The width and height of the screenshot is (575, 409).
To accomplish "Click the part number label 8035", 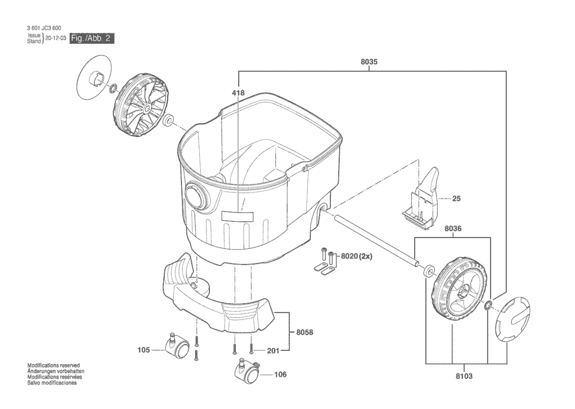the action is (x=369, y=62).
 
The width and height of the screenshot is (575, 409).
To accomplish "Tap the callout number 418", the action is (x=238, y=93).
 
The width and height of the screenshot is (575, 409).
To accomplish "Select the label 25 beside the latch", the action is (x=456, y=198).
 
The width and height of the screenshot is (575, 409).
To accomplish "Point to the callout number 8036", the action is (x=453, y=228).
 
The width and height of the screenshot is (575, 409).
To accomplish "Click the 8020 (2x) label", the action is (x=357, y=256).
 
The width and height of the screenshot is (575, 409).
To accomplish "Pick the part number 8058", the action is (x=305, y=332).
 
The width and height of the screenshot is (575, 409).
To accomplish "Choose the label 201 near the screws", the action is (x=273, y=351).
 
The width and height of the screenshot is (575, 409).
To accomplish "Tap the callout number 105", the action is (x=143, y=350).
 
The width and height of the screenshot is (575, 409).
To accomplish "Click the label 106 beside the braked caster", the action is (x=280, y=374).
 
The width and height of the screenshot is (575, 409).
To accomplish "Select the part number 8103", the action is (x=464, y=376).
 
